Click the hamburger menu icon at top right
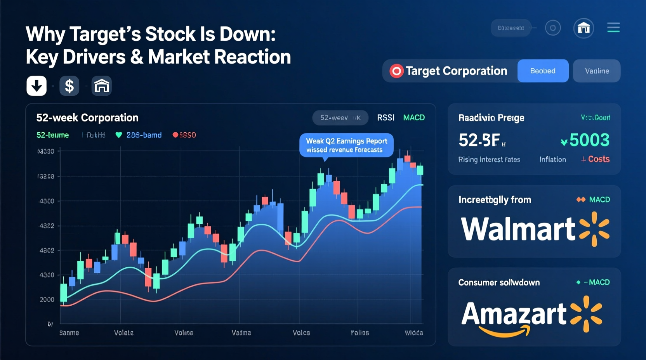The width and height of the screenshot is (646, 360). tap(613, 28)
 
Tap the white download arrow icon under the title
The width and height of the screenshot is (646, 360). tap(36, 86)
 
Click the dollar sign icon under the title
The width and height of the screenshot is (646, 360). tap(69, 86)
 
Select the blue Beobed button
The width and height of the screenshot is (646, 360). tap(543, 71)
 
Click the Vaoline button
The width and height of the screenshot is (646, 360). tap(597, 71)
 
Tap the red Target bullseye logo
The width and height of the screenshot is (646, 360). tap(396, 71)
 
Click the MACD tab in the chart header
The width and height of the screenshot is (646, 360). tap(414, 118)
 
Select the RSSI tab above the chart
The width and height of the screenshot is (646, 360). tap(386, 118)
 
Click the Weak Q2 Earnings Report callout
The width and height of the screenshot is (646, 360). tap(346, 145)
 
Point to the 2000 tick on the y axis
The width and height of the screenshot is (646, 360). tap(47, 299)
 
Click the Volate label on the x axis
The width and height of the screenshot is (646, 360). tap(124, 333)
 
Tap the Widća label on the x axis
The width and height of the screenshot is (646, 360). tap(413, 333)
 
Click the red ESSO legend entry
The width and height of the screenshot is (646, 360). tap(184, 135)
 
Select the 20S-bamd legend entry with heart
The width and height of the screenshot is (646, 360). tap(139, 135)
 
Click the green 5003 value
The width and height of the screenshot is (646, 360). tap(589, 140)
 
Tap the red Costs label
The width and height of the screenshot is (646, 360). tap(598, 159)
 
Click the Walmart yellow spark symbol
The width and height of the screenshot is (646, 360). tap(594, 229)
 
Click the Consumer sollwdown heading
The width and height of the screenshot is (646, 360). tap(499, 282)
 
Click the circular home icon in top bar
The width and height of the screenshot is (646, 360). tap(583, 28)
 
